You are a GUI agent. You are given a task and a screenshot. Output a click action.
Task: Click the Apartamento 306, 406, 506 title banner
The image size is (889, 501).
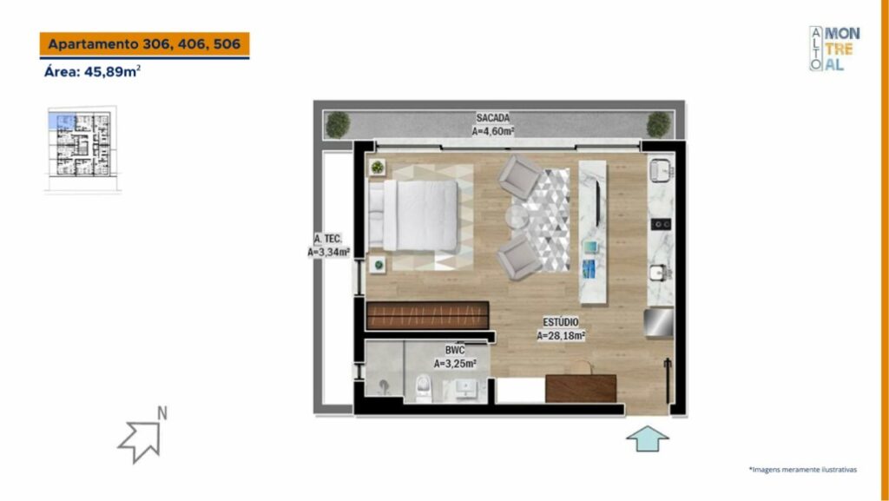tap(144, 45)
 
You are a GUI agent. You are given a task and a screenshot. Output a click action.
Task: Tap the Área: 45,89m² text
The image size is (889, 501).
tap(92, 72)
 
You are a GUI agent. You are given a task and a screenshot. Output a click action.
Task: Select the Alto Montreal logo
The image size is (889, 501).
tap(834, 49)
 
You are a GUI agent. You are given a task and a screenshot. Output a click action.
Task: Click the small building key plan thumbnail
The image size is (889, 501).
tap(82, 149)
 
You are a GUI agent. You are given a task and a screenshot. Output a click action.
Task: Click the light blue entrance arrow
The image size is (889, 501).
tap(648, 438)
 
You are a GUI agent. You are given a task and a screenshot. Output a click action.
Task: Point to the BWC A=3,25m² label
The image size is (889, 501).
tap(455, 357)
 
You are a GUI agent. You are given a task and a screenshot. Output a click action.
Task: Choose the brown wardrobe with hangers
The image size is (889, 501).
tap(427, 315)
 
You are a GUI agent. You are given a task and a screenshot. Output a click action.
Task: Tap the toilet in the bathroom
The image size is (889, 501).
tap(424, 389)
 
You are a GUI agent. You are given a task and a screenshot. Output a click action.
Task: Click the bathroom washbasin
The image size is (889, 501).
tap(465, 389)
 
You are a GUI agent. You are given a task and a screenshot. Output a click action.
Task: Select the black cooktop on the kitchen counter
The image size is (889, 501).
tap(661, 224)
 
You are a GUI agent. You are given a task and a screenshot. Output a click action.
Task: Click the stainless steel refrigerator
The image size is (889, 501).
tap(658, 323)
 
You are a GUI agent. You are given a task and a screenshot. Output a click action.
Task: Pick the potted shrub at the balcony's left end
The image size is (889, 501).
tap(338, 125)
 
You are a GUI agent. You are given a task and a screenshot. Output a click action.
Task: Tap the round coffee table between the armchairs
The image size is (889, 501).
tap(517, 216)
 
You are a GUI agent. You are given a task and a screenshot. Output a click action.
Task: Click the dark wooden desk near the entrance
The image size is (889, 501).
tap(581, 388)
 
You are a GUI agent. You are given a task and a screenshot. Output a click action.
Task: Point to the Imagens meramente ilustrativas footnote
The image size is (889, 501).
tap(803, 470)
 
